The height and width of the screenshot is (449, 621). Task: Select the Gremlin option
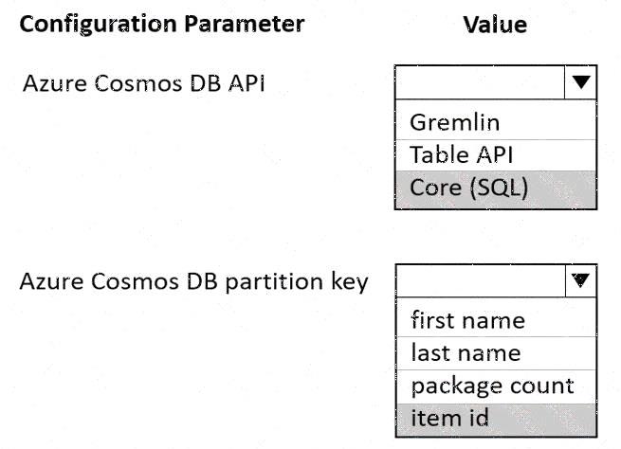point(455,122)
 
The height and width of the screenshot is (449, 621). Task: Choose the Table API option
point(462,154)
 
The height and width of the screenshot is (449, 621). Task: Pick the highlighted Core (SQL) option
point(469,188)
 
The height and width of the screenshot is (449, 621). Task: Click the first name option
point(468,319)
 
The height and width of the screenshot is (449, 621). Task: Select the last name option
point(466,352)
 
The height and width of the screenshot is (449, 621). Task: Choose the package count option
point(493,386)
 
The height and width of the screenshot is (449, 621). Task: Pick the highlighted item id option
point(450,418)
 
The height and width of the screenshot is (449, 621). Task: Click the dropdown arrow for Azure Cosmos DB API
point(580,81)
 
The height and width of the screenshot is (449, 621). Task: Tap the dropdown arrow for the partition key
point(580,280)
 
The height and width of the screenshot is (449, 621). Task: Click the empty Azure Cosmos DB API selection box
point(480,81)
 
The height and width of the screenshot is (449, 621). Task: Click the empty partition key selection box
point(481,281)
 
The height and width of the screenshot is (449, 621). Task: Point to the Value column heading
point(495,25)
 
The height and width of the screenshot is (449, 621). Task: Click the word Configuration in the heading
point(99,25)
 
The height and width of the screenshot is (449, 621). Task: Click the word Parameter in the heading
point(245,24)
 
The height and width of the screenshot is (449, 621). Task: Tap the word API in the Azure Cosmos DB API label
point(246,83)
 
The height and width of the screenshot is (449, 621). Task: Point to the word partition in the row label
point(274,281)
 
